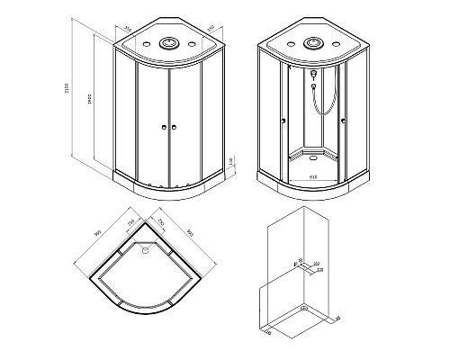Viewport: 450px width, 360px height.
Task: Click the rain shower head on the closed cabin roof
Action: click(168, 41)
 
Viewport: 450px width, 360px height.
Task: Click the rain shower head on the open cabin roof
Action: click(313, 41)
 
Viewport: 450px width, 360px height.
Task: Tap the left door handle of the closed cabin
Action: click(163, 128)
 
